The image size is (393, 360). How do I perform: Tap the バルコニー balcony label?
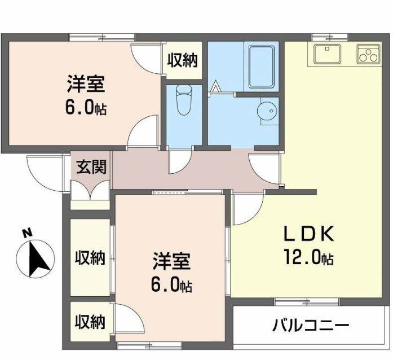click(311, 326)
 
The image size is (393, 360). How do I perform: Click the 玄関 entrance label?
click(91, 167)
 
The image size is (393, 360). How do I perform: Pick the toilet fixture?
click(184, 100)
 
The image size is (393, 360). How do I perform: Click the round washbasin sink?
click(266, 111)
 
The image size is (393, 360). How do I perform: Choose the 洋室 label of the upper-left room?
click(85, 86)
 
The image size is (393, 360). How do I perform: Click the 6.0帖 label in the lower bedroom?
click(171, 285)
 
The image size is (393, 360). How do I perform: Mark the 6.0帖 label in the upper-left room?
click(85, 108)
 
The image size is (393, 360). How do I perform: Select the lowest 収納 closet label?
click(90, 322)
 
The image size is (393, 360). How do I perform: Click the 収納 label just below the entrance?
click(90, 258)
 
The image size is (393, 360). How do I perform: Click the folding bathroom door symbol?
click(217, 87)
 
